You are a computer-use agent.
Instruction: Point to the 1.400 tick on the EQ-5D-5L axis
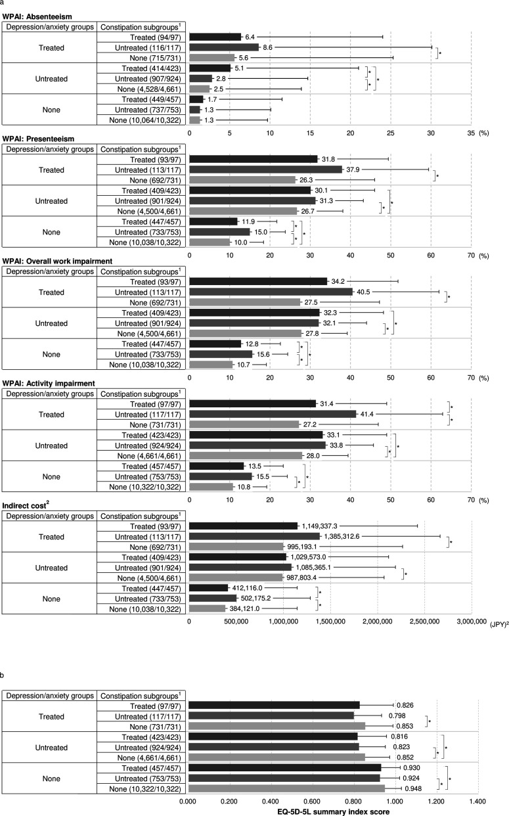477,801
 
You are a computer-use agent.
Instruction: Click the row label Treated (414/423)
141,68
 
